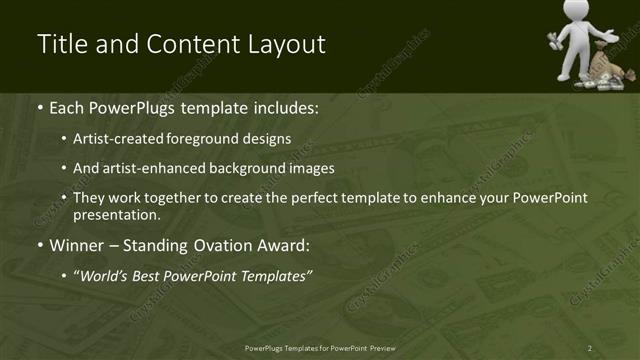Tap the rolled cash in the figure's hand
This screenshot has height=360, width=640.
(554, 39)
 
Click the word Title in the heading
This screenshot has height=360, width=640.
(59, 45)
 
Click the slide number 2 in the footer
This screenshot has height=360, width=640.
(590, 348)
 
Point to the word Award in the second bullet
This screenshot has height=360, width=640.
(286, 245)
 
